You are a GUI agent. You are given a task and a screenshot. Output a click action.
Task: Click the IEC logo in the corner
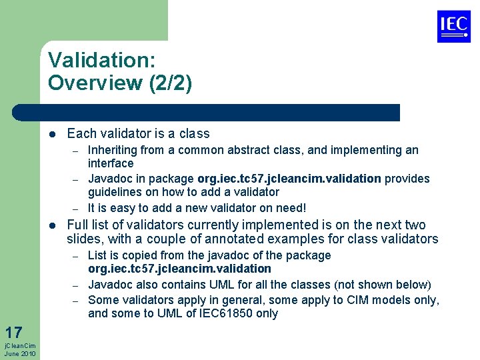click(453, 27)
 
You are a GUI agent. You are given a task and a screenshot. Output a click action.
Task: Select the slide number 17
click(13, 332)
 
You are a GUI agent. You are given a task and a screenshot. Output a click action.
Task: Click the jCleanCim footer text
click(20, 345)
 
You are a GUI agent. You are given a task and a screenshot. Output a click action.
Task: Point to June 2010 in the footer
click(20, 353)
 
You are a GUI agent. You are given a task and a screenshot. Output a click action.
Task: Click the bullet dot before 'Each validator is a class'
click(53, 134)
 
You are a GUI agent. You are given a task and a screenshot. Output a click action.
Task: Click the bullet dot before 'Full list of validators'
click(53, 225)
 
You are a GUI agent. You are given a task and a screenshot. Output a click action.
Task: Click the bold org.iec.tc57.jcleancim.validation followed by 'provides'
click(289, 179)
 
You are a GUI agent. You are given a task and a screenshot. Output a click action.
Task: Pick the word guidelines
click(114, 192)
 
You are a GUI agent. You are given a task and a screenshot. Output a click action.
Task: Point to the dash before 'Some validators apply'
click(77, 300)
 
